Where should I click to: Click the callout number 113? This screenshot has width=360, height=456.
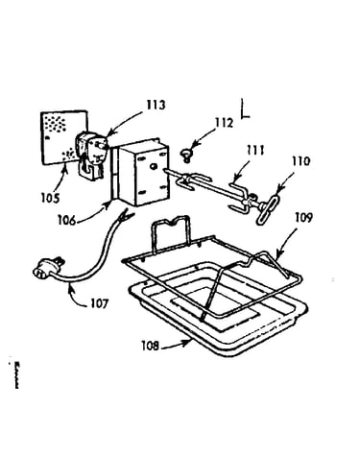point(156,105)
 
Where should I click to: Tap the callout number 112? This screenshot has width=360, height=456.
point(224,122)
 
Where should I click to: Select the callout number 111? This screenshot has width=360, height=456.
point(254,150)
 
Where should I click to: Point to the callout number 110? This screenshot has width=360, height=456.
point(300,161)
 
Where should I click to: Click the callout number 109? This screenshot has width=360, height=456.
point(303,218)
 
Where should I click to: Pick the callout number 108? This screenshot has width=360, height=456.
point(151,346)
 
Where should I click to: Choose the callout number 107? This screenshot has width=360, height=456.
point(100,303)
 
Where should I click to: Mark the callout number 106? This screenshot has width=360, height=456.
point(67,220)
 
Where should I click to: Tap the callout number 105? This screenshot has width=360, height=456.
point(50,198)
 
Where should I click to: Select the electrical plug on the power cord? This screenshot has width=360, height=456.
point(48,269)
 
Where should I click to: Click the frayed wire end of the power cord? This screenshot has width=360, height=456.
point(126,215)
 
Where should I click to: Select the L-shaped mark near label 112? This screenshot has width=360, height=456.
point(245,108)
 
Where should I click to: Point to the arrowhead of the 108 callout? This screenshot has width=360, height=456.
point(187,344)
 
